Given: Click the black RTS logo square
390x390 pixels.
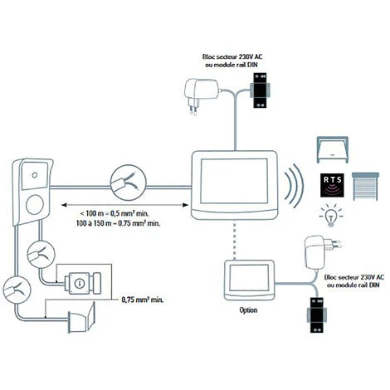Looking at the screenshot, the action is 332,185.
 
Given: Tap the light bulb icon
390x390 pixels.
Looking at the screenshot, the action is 331,216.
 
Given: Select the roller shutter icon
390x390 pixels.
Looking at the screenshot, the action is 365,186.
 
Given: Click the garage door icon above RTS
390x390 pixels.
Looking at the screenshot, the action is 332,149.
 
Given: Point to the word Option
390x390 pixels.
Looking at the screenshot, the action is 248,310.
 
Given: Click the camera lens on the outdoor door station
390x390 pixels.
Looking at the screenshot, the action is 35,175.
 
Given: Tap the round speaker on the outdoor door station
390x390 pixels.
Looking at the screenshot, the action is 35,205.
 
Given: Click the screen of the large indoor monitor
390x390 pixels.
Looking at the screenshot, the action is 234,181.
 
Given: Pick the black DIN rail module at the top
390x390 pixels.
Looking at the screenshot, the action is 260,90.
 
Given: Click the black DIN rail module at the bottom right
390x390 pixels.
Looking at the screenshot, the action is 316,315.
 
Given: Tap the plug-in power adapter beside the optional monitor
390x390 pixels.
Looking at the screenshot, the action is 323,251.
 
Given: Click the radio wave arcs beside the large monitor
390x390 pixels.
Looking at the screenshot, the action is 293,186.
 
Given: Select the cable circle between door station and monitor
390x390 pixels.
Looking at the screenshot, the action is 129,183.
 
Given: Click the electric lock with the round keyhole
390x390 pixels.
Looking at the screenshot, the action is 83,283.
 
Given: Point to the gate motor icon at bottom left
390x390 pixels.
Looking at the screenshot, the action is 81,318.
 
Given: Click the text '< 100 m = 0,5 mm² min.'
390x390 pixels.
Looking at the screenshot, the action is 115,213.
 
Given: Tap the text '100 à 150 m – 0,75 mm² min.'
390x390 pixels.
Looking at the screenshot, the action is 118,223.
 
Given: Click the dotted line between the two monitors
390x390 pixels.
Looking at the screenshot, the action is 235,240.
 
